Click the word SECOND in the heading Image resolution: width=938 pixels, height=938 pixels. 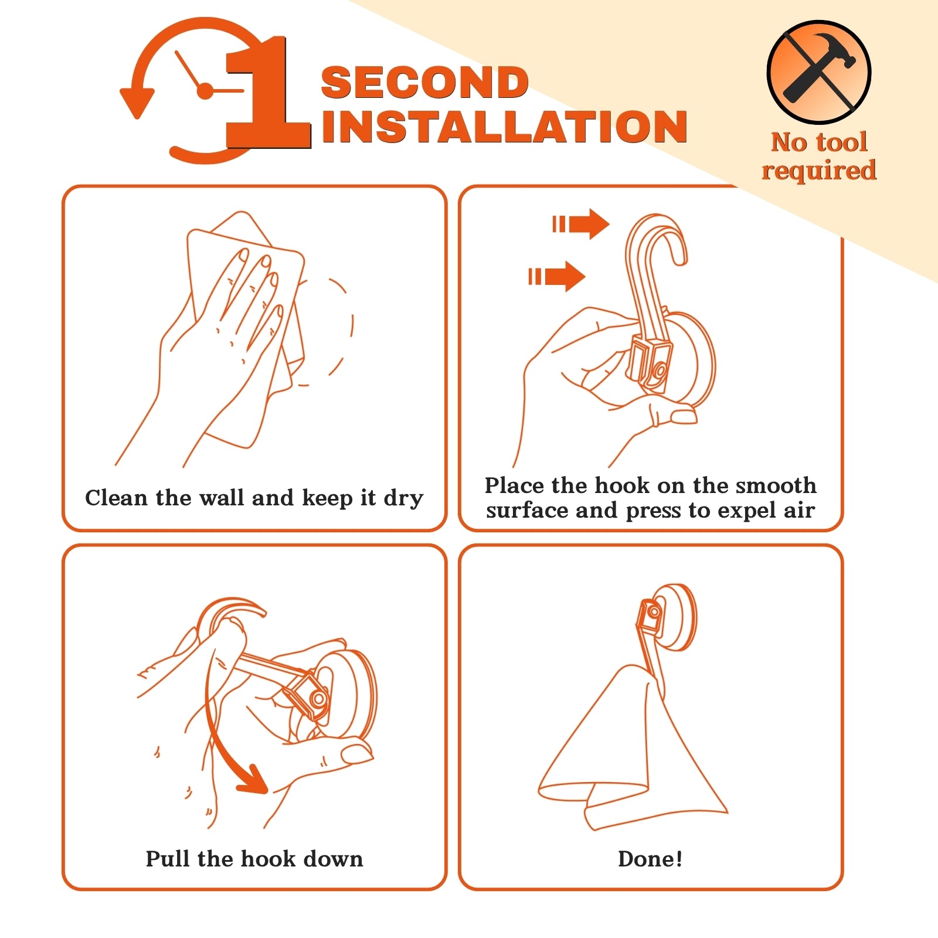point(425,83)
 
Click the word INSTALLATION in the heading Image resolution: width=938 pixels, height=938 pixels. point(505,126)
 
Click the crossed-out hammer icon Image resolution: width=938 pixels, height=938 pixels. point(819,72)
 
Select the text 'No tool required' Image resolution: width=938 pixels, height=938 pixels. point(819,156)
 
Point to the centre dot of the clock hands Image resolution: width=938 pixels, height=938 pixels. point(205,91)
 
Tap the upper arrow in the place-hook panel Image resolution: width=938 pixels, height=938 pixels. point(581,224)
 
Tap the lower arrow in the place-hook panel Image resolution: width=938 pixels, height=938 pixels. point(557,276)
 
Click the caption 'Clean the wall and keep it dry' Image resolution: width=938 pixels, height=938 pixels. point(254,498)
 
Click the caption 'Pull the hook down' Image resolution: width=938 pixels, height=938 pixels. point(254,859)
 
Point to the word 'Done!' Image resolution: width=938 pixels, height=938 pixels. point(650,859)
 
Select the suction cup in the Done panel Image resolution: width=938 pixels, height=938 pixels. point(674,617)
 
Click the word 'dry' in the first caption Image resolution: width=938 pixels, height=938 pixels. point(403,499)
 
